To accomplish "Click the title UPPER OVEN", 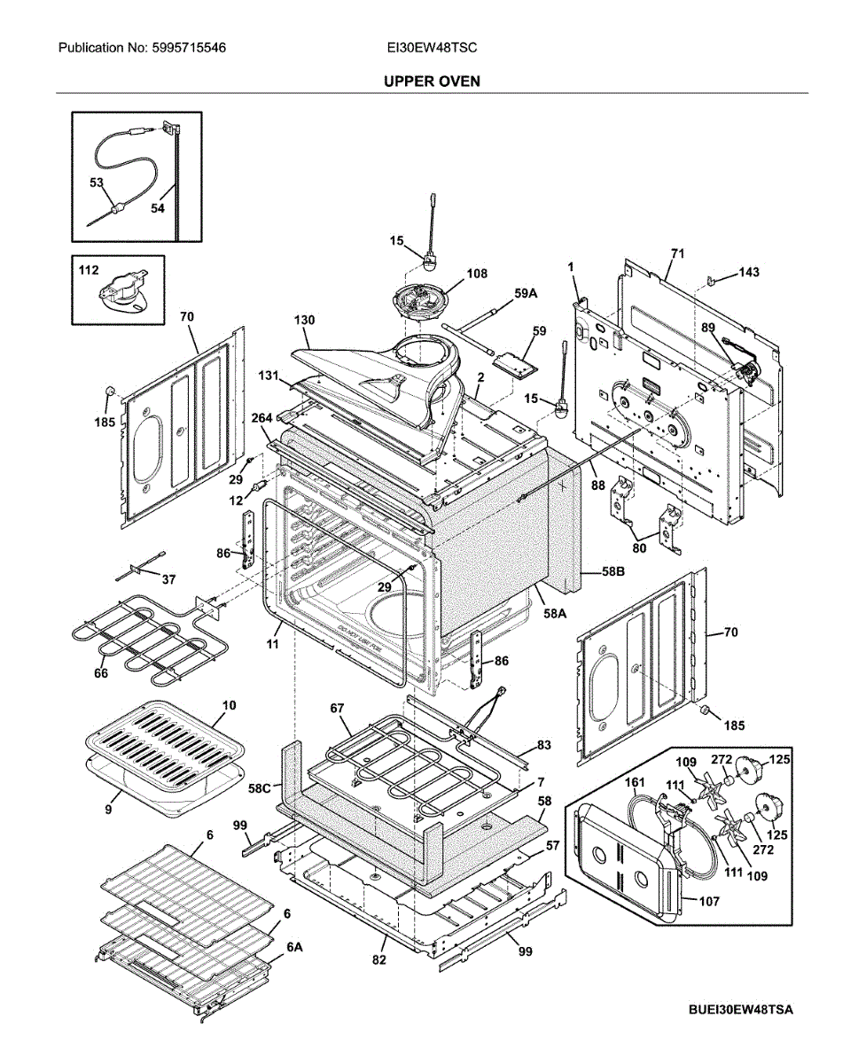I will click(432, 81).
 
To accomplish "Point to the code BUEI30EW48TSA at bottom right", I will click(739, 1011).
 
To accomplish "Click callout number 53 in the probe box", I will click(97, 182).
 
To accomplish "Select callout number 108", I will click(477, 274).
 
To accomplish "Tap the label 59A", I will click(527, 293).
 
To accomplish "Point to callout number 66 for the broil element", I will click(100, 674).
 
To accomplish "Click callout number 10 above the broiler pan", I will click(229, 705).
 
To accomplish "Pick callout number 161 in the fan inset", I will click(636, 782).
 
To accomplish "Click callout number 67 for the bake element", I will click(337, 708).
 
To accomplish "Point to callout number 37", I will click(168, 579).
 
